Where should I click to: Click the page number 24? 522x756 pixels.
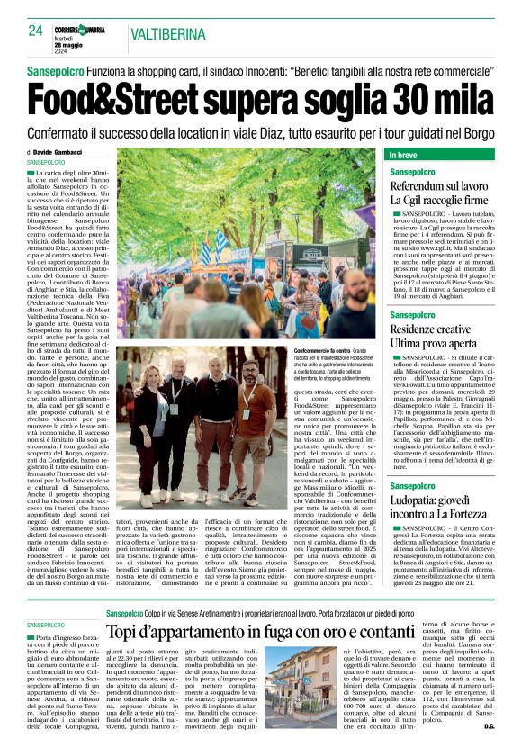[x=35, y=31]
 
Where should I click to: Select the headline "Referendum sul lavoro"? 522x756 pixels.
[x=439, y=185]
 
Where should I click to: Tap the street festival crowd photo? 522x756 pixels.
[x=246, y=243]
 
